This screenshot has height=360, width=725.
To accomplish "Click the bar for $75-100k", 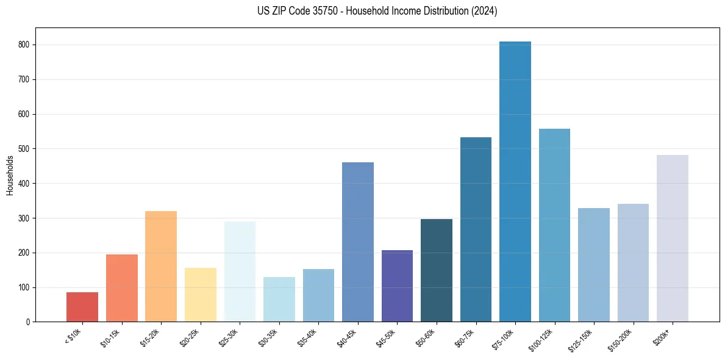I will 515,183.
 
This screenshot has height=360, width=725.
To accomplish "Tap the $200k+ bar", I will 672,238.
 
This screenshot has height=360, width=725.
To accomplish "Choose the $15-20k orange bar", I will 161,266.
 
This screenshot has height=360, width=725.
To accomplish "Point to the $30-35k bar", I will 279,299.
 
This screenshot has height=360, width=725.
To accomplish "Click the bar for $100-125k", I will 554,226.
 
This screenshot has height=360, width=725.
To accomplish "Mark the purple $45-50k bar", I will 397,286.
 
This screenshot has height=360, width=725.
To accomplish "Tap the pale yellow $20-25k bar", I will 201,295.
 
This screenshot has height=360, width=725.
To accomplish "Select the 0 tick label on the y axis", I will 29,322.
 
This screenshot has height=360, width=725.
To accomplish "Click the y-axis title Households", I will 10,175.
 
